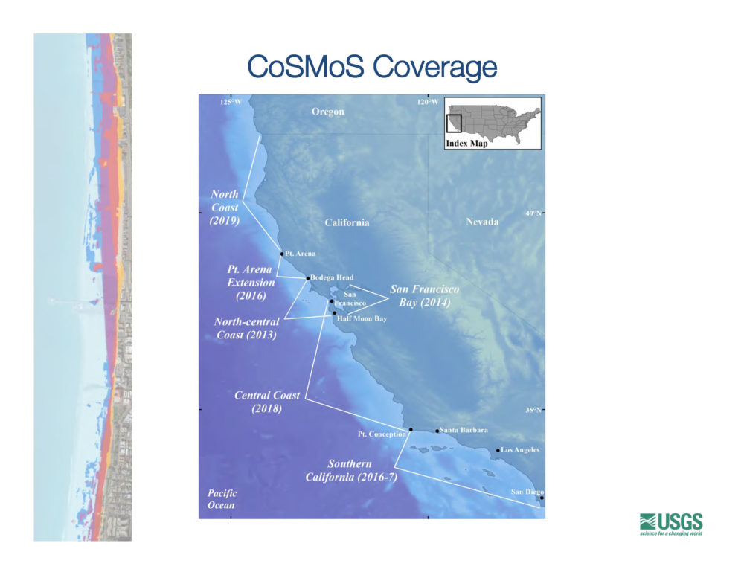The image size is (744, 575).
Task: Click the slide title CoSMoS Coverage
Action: pyautogui.click(x=372, y=67)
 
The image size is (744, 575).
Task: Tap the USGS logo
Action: pyautogui.click(x=671, y=524)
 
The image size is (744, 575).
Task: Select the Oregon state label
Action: pyautogui.click(x=328, y=112)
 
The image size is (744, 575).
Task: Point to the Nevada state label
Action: pyautogui.click(x=482, y=222)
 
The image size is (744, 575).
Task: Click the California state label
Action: pyautogui.click(x=347, y=222)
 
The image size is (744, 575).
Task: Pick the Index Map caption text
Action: pyautogui.click(x=466, y=144)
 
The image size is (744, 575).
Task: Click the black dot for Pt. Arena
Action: pyautogui.click(x=282, y=254)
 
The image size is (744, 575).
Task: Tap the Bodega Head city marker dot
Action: pyautogui.click(x=307, y=278)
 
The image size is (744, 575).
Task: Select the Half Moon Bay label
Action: pyautogui.click(x=362, y=318)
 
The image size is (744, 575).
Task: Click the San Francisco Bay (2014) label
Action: pyautogui.click(x=424, y=295)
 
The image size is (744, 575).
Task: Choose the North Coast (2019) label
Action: pyautogui.click(x=225, y=208)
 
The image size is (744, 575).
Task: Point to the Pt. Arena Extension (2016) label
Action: pyautogui.click(x=251, y=282)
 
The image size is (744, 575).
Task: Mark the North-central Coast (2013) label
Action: pyautogui.click(x=246, y=328)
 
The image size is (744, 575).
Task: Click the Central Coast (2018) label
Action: pyautogui.click(x=267, y=402)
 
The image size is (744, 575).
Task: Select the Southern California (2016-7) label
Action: pyautogui.click(x=350, y=470)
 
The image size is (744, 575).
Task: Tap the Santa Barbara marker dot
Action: pyautogui.click(x=437, y=431)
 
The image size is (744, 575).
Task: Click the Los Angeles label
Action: pyautogui.click(x=520, y=450)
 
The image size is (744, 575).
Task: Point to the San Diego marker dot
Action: pyautogui.click(x=542, y=498)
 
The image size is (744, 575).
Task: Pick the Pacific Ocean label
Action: pyautogui.click(x=222, y=499)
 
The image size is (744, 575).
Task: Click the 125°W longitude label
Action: pyautogui.click(x=231, y=102)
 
